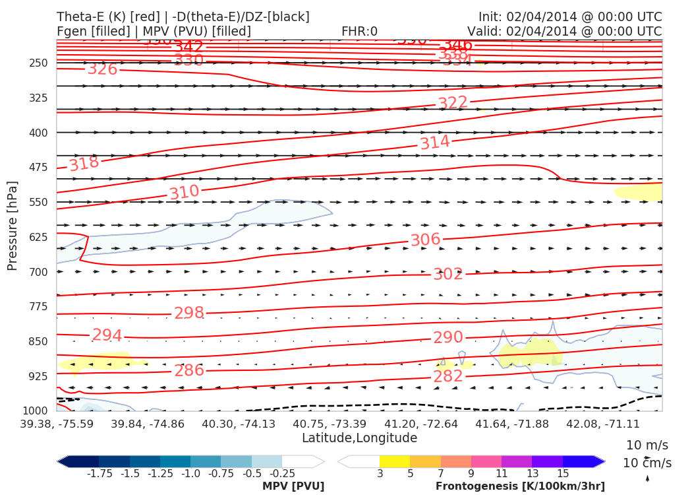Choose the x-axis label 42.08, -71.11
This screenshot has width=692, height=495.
pos(604,423)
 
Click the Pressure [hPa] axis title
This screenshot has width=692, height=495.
pos(13,226)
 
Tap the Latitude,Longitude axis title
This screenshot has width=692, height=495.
pos(359,438)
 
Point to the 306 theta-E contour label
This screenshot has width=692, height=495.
pos(425,240)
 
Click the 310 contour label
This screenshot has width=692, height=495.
pos(184,193)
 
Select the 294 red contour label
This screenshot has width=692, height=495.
pos(107,335)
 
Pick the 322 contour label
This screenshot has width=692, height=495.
pos(453,103)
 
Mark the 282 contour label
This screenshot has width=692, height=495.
pos(447,377)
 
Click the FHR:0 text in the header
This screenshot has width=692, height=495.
pos(359,31)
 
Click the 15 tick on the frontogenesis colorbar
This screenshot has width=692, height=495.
pos(562,473)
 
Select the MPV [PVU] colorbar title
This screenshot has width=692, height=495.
pos(293,486)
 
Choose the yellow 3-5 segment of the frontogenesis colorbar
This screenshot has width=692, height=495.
pos(395,461)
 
